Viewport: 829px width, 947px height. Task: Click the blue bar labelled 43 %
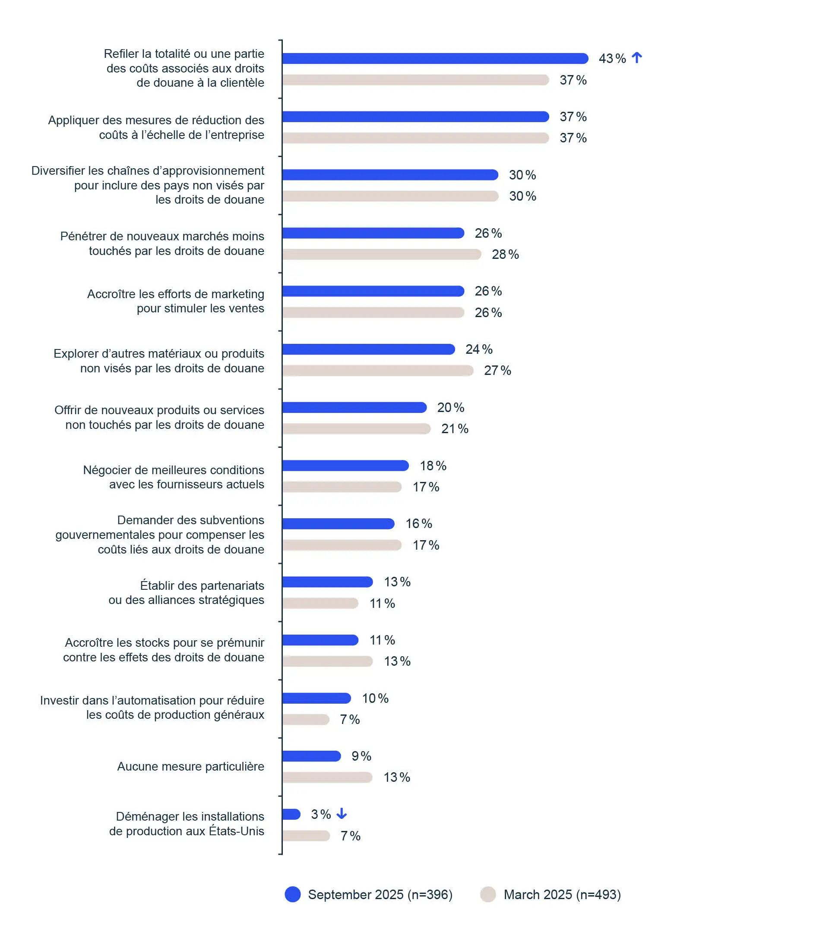point(435,59)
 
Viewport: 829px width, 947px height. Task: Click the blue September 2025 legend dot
point(292,894)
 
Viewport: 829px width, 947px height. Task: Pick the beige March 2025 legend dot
point(487,894)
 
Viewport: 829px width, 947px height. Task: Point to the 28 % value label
point(505,254)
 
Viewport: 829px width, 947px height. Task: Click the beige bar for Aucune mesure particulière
point(328,777)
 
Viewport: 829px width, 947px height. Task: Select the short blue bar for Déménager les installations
point(291,814)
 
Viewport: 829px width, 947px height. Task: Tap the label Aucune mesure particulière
point(190,766)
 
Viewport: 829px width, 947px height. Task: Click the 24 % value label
point(479,349)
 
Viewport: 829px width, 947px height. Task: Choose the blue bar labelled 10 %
point(316,698)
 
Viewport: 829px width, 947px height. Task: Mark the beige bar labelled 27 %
point(378,370)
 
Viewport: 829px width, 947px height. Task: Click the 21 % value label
point(454,428)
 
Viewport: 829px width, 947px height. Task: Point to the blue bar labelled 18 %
point(345,466)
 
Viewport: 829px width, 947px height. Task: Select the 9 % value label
point(361,756)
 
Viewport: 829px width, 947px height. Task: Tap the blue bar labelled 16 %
point(338,524)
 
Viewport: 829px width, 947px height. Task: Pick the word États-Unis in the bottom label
point(237,831)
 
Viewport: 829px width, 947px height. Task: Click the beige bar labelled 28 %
point(382,254)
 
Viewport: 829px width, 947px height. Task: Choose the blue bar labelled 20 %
point(354,407)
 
